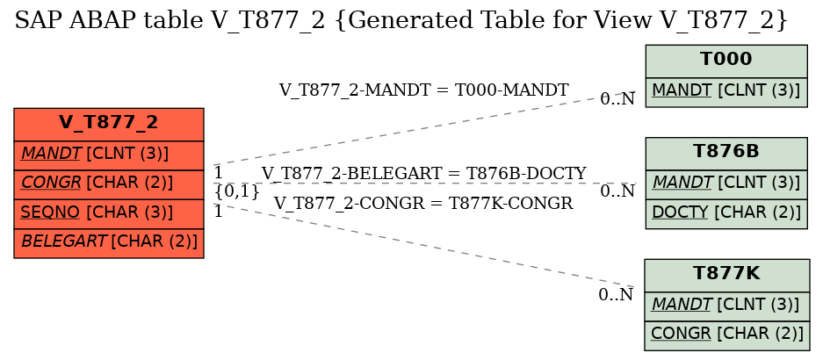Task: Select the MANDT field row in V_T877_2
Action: click(109, 155)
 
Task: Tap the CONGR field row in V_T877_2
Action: click(109, 184)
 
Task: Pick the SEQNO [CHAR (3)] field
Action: click(109, 214)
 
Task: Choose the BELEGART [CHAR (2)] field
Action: click(109, 243)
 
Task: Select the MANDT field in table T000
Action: click(726, 92)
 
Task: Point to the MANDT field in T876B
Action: click(726, 184)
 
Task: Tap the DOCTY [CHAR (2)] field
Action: click(726, 214)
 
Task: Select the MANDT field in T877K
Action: click(727, 306)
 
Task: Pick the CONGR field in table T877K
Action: click(727, 336)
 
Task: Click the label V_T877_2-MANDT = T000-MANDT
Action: click(423, 90)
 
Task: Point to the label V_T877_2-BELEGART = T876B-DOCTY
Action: click(423, 173)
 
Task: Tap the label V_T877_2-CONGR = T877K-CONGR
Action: click(423, 203)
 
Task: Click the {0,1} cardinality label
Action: click(237, 191)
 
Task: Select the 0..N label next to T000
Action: click(617, 98)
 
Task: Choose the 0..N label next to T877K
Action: click(616, 295)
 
